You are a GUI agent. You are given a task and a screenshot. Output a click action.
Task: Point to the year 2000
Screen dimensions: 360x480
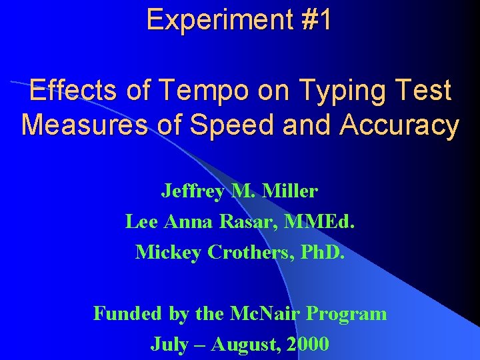point(306,344)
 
